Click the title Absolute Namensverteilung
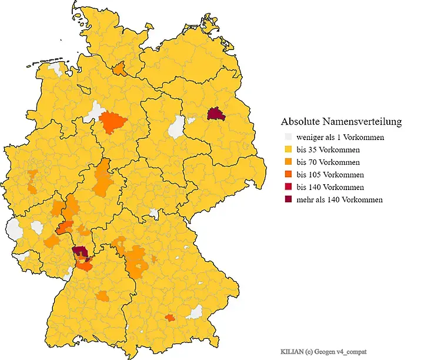341,122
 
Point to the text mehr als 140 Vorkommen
339,199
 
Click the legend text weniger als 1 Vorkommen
340,138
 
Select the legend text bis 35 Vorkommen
328,150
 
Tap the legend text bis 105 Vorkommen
330,175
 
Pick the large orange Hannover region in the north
113,124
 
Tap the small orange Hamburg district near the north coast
119,69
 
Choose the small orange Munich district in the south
170,318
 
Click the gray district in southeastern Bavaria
194,312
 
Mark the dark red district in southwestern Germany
80,253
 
